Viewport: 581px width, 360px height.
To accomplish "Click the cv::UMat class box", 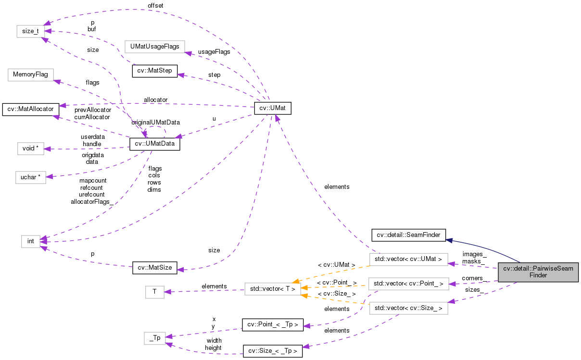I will pos(273,108).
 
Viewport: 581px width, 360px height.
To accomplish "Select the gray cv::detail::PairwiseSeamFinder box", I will pos(538,272).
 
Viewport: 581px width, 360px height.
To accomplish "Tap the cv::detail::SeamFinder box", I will pos(408,235).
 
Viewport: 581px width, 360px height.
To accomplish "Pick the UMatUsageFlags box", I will pos(154,47).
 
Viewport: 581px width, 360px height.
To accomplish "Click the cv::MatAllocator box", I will pos(31,109).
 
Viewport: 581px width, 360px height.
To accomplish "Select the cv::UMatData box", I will pos(154,144).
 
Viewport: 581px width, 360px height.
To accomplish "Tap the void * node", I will pos(30,148).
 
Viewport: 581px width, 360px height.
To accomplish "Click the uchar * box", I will pos(30,177).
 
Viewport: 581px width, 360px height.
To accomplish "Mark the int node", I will pos(31,241).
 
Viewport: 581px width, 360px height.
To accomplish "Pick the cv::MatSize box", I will pos(155,268).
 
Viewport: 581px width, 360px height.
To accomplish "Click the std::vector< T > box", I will pos(273,289).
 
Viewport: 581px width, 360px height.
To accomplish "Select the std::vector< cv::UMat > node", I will pos(408,260).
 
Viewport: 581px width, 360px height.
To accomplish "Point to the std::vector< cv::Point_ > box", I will pos(408,284).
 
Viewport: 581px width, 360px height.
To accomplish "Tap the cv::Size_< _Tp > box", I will pos(273,351).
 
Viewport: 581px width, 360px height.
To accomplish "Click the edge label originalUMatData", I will pos(156,122).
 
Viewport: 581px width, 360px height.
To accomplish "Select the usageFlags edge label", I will pos(214,51).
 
